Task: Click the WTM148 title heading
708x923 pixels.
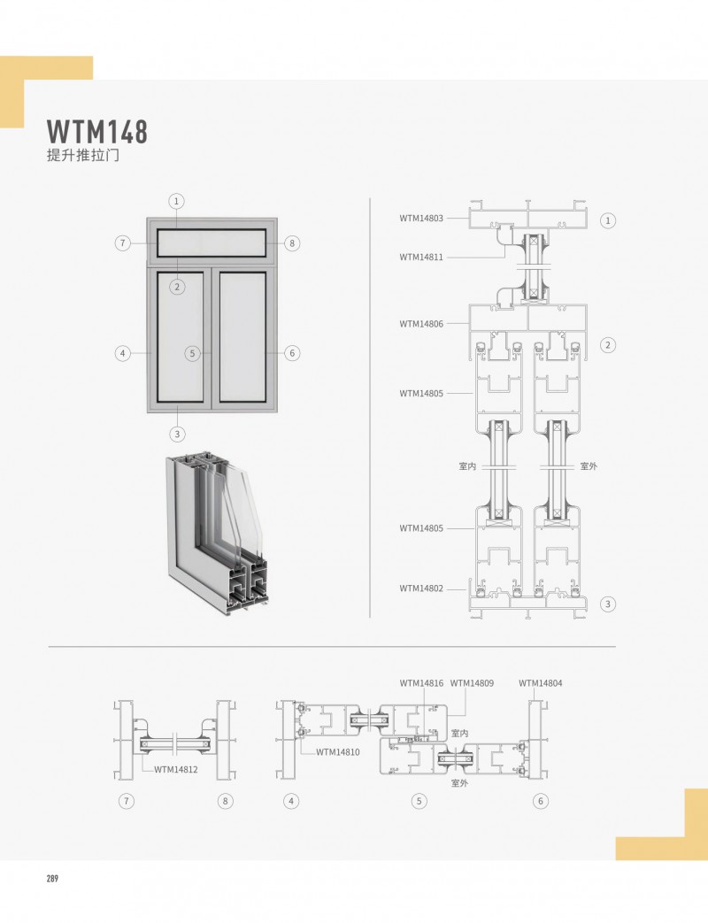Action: tap(96, 132)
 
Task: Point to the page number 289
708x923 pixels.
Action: tap(52, 878)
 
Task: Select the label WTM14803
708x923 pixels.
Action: tap(421, 218)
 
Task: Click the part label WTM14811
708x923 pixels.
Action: tap(421, 258)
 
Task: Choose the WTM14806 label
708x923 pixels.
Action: tap(421, 324)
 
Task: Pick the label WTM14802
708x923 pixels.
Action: tap(421, 588)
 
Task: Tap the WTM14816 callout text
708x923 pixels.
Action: tap(421, 683)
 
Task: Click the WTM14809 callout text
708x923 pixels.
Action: tap(472, 683)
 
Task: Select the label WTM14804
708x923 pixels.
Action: tap(541, 683)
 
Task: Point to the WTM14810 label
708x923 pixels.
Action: tap(338, 752)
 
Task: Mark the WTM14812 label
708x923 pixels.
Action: tap(176, 769)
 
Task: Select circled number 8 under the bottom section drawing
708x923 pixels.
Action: tap(226, 802)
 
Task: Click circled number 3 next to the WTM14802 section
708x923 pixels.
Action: tap(607, 604)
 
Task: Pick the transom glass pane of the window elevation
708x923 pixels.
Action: tap(212, 242)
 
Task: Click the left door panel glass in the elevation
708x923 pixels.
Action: tap(180, 336)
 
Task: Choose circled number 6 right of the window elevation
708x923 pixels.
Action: tap(293, 353)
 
